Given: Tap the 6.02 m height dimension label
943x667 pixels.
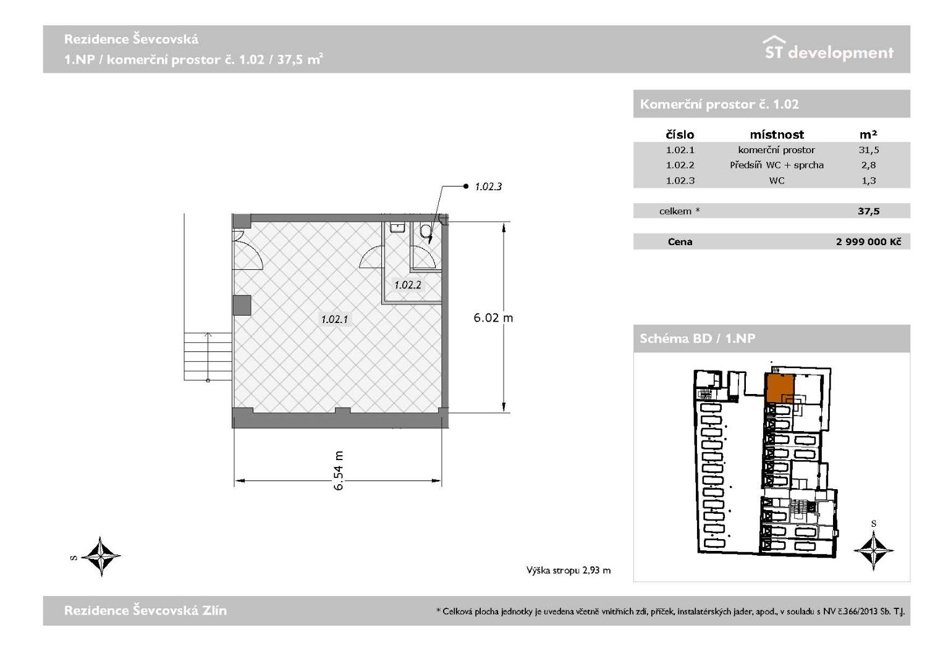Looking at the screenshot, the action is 493,317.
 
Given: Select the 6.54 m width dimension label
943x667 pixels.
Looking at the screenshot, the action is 339,471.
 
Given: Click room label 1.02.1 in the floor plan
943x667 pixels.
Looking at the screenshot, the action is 335,319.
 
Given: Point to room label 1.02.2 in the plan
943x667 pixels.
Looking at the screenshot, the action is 407,285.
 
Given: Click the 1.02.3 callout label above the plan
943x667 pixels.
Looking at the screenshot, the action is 488,187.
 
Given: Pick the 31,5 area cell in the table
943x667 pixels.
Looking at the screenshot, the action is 869,150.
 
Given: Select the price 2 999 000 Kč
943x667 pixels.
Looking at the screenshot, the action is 868,241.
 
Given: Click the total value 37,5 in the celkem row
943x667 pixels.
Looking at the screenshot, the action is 869,211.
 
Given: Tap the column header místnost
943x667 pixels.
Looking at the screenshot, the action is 777,135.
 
